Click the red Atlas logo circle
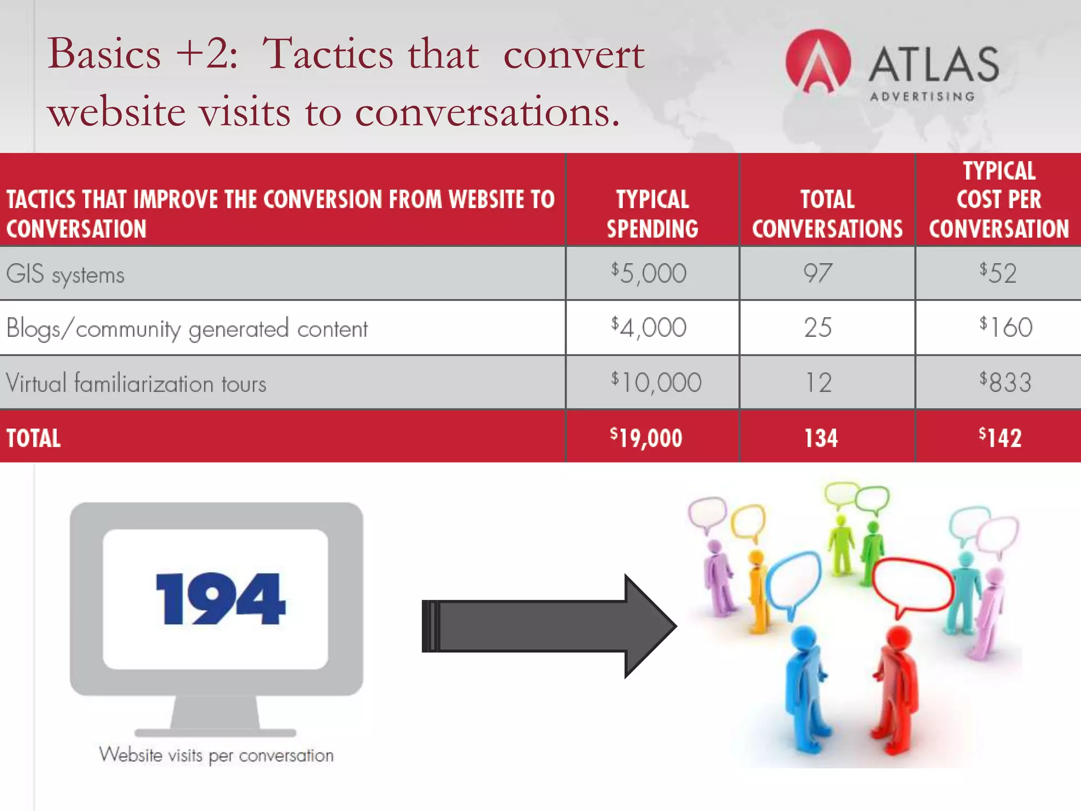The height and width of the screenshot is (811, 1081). point(818,61)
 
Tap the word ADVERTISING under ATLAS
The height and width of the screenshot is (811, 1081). point(922,97)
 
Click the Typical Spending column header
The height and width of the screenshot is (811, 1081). point(652,214)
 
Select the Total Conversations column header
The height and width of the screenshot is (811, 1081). point(827,214)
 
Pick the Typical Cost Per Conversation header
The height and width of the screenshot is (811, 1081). point(999,200)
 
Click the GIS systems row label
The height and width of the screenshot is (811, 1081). point(65,275)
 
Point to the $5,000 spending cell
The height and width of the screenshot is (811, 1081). point(649,273)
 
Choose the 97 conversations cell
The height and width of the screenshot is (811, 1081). point(818,273)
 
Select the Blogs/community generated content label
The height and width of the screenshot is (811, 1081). point(187,329)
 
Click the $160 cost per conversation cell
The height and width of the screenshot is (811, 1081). point(1006,327)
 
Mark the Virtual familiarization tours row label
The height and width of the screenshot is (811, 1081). point(136,383)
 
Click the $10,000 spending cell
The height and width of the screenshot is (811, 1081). point(656,382)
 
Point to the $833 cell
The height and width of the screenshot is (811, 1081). point(1005,382)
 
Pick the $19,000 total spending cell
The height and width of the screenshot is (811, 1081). point(646,438)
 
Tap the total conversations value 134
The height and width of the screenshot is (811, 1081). point(821,438)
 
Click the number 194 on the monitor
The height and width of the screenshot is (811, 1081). point(220,599)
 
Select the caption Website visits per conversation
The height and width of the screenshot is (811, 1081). point(216,756)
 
